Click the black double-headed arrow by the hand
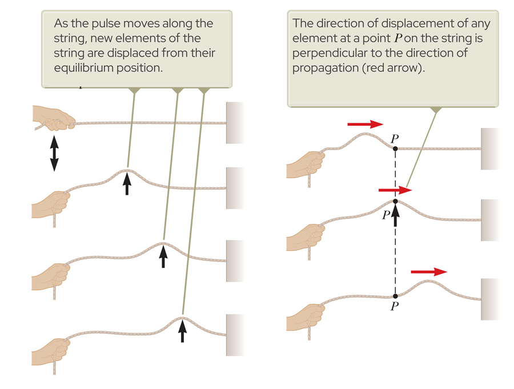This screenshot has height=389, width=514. click(54, 153)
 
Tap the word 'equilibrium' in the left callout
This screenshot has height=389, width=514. click(86, 67)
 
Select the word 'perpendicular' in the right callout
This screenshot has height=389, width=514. click(328, 53)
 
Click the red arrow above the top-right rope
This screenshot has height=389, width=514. click(365, 124)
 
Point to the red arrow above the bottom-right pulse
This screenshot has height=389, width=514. click(429, 272)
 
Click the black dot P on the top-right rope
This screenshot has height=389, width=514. click(395, 149)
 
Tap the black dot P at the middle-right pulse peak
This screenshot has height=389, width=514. click(395, 202)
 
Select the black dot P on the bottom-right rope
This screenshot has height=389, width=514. click(395, 296)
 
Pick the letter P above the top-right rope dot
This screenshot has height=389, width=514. click(395, 138)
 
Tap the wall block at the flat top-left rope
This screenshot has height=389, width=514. click(235, 122)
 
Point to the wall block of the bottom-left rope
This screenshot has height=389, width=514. click(235, 335)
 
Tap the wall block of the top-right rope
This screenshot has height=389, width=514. click(489, 149)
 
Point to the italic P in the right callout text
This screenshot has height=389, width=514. click(397, 39)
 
